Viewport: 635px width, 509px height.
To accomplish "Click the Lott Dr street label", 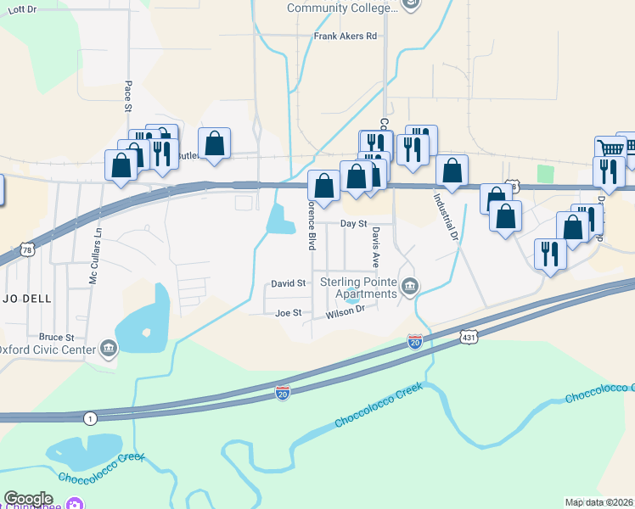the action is coord(21,8).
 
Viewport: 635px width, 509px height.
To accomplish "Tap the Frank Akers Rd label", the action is coord(345,36).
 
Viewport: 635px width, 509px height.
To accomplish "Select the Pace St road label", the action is coord(128,97).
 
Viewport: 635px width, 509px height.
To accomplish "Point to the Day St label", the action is coord(352,224).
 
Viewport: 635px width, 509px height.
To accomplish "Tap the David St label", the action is coord(289,282).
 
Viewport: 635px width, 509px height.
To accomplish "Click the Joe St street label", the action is coord(289,313).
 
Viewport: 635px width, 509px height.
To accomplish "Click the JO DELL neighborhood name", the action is coord(25,299).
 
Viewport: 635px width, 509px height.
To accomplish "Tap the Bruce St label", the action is coord(53,336).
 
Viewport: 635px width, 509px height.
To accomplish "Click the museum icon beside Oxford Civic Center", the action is coord(109,348).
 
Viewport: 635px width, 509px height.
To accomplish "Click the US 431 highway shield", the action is coord(469,337).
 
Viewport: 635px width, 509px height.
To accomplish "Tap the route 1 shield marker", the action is coord(90,419).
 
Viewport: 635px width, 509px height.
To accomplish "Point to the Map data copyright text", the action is coord(599,502).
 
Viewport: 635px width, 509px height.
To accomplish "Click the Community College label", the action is coord(342,8).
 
